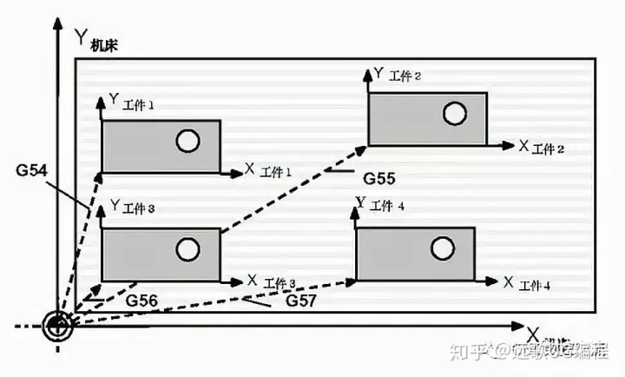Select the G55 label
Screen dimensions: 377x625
pos(379,179)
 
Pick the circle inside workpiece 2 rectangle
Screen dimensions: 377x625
pos(453,113)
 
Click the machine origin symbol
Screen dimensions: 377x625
pos(59,327)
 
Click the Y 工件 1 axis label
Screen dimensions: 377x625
pos(132,102)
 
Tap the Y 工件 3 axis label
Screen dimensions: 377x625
pos(133,208)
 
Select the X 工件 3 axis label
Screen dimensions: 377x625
pos(271,281)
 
